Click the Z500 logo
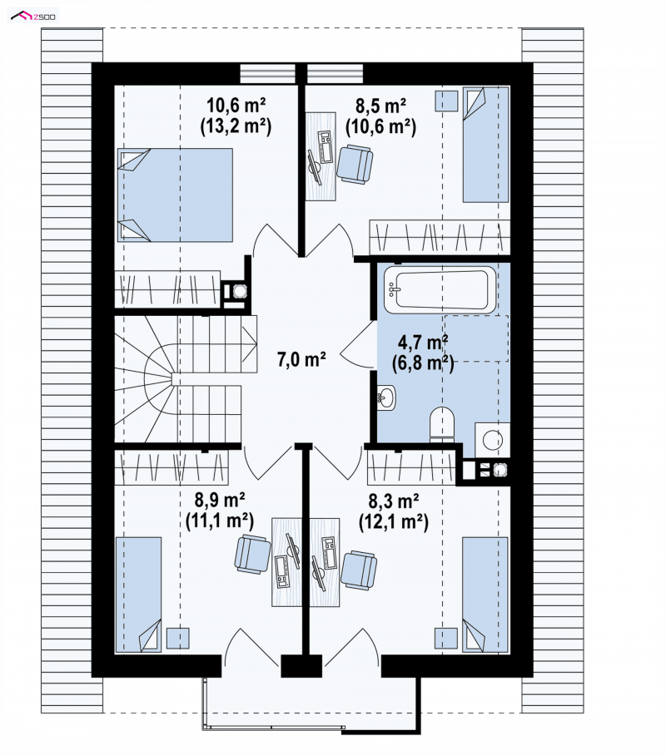pos(32,16)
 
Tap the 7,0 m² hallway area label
pos(301,359)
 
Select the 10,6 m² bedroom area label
pos(236,105)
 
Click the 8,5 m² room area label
pos(380,105)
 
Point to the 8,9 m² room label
pos(220,500)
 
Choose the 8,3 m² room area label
pos(394,501)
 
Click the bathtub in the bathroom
pos(440,290)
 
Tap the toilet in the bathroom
pos(442,424)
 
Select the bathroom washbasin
pos(385,397)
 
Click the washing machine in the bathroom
pos(492,440)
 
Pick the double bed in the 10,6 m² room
pos(175,195)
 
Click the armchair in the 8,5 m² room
pos(355,164)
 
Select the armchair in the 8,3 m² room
pos(359,570)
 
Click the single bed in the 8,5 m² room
pos(485,145)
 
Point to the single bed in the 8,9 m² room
pos(138,595)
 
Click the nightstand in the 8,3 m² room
pos(446,639)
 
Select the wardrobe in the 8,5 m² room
pos(440,237)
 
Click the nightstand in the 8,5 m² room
pos(446,101)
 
